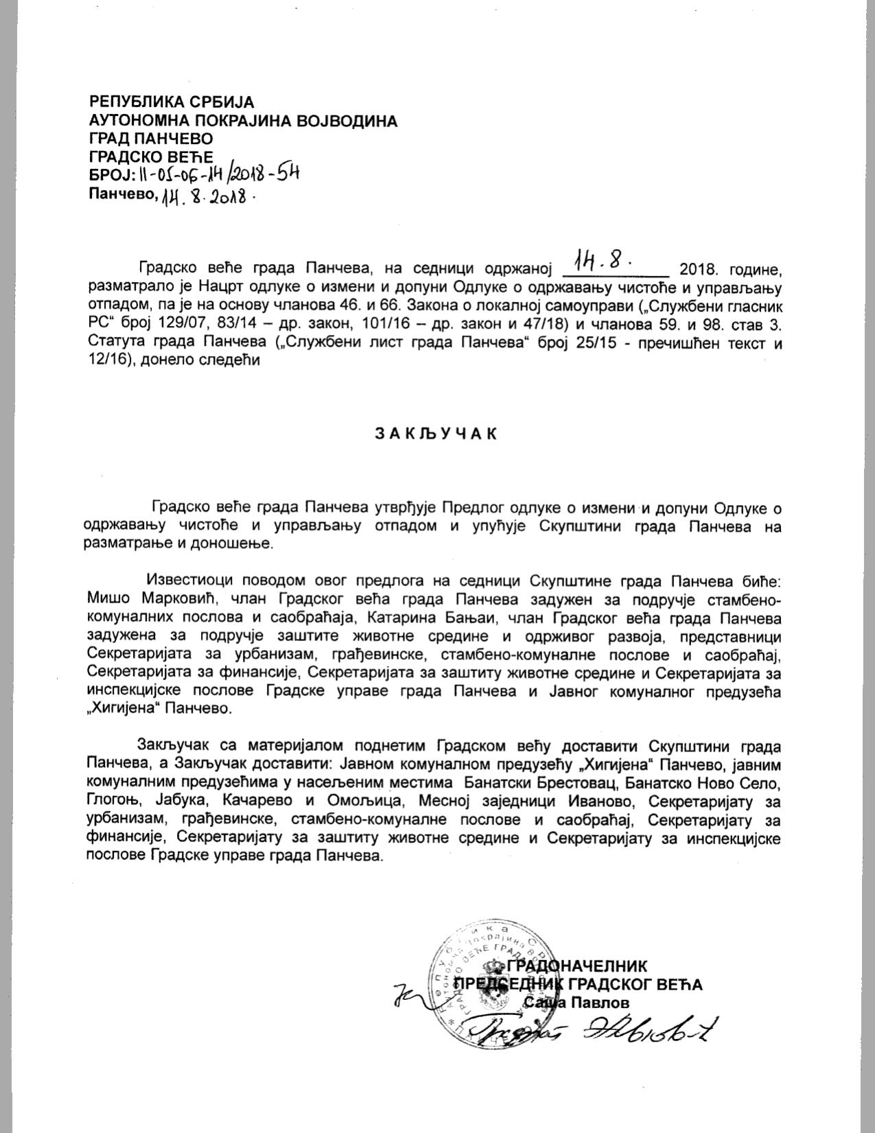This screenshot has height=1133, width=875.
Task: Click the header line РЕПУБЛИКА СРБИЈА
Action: coord(172,102)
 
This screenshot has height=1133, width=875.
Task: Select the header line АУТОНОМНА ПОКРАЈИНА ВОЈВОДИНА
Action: coord(243,121)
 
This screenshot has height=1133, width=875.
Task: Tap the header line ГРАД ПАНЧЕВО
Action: coord(151,140)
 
